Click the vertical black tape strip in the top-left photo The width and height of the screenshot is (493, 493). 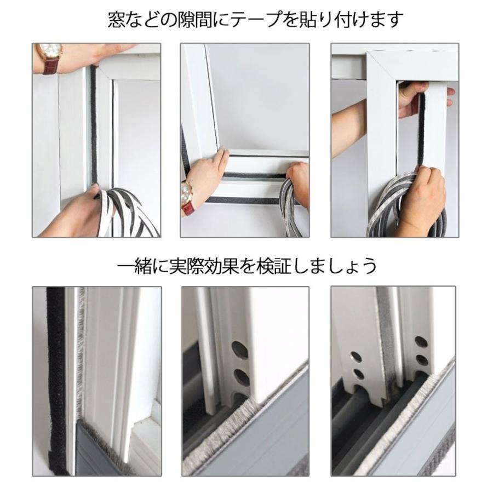(94, 126)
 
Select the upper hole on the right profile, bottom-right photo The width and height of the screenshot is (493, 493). (420, 342)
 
